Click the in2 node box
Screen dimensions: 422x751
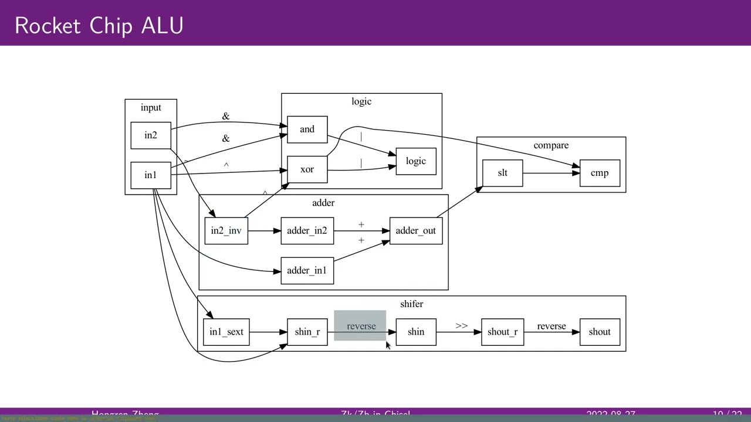coord(151,135)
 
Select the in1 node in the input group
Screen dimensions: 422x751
coord(151,175)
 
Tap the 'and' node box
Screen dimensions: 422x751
coord(307,130)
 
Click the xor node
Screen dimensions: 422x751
coord(307,169)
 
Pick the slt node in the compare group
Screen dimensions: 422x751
coord(502,173)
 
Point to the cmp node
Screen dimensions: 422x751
coord(600,173)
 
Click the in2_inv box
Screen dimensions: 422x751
coord(226,231)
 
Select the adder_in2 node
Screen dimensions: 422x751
coord(307,231)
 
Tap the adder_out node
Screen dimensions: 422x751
coord(415,231)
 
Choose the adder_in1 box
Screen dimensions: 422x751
coord(307,271)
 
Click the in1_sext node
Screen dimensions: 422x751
coord(226,332)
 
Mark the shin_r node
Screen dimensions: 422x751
coord(307,332)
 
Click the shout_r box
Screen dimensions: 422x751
coord(502,332)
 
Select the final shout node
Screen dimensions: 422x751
coord(600,332)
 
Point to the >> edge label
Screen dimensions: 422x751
coord(461,326)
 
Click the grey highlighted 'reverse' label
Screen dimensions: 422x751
coord(361,326)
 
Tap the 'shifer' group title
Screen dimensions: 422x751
coord(411,304)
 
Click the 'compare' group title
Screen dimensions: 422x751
coord(551,145)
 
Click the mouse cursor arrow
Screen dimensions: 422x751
coord(388,345)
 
